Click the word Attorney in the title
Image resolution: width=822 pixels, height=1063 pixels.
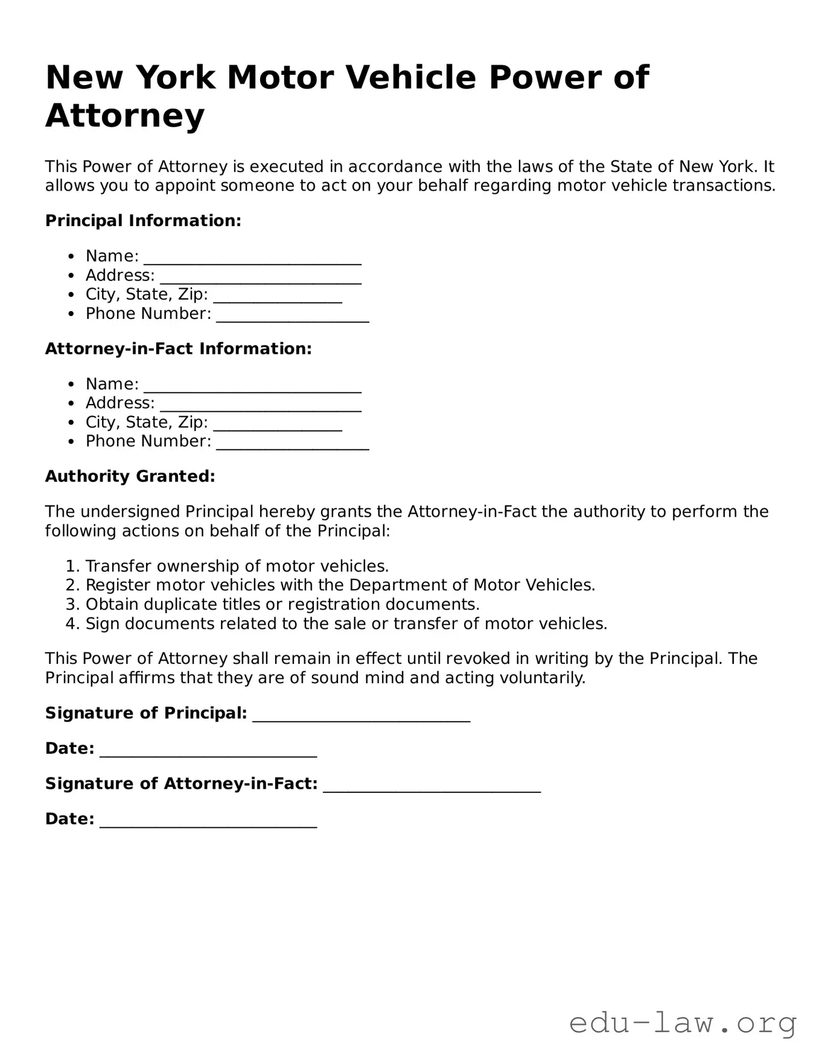[125, 115]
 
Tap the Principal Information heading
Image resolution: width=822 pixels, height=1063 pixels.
[143, 221]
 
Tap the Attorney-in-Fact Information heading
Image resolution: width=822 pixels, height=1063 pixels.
[178, 349]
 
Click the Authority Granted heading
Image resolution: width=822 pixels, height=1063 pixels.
[130, 476]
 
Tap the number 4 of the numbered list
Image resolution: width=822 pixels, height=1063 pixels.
[72, 623]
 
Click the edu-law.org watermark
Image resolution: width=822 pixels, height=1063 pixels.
[683, 1024]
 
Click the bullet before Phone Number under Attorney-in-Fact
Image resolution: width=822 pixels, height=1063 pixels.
[72, 442]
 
